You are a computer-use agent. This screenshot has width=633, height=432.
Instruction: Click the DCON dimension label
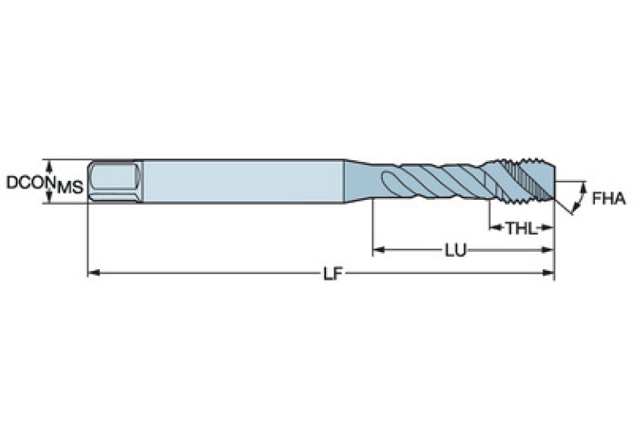tap(28, 182)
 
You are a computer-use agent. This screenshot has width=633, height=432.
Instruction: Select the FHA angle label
tap(608, 198)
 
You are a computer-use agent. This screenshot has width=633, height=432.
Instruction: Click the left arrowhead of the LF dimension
tap(92, 273)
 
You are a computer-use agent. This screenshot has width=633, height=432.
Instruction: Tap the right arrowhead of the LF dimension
tap(549, 273)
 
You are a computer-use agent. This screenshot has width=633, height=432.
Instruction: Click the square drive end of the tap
tap(114, 180)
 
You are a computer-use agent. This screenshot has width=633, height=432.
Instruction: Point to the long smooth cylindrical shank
tap(243, 180)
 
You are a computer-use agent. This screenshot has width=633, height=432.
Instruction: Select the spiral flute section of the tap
tap(429, 181)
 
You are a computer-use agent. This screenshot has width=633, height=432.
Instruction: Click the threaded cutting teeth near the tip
tap(524, 181)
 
